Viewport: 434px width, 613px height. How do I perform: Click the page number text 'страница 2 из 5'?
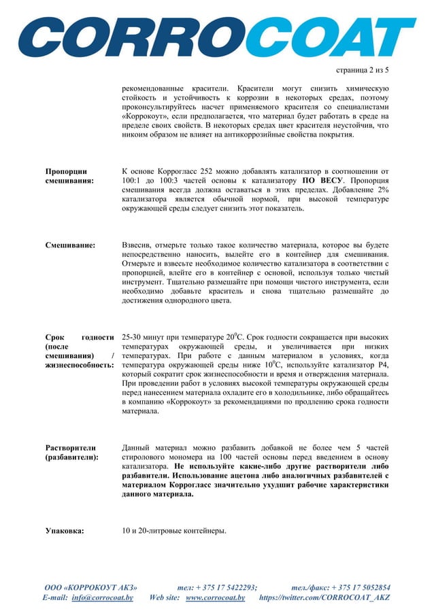(x=363, y=70)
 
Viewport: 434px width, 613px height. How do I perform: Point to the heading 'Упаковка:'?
(x=65, y=530)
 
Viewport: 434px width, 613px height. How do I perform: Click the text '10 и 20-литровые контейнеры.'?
(x=173, y=530)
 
